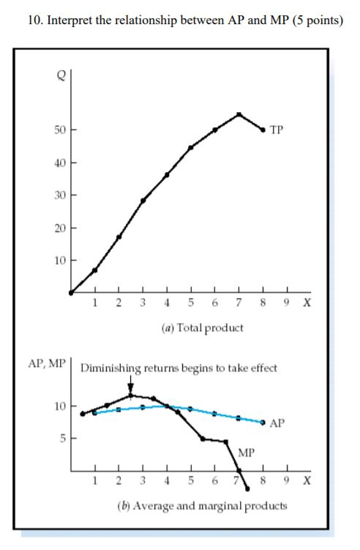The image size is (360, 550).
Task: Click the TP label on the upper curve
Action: (x=277, y=130)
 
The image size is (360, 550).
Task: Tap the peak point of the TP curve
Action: (x=239, y=114)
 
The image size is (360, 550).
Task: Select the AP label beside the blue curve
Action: (x=277, y=423)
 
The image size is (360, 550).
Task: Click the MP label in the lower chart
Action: (x=247, y=453)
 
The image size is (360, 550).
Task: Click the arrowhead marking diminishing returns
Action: (x=130, y=389)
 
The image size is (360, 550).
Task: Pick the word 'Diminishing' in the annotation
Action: (x=109, y=368)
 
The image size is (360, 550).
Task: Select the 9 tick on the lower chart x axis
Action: (x=288, y=481)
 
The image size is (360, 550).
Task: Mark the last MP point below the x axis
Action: (x=247, y=488)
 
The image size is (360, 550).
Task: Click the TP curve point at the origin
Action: (x=71, y=292)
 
